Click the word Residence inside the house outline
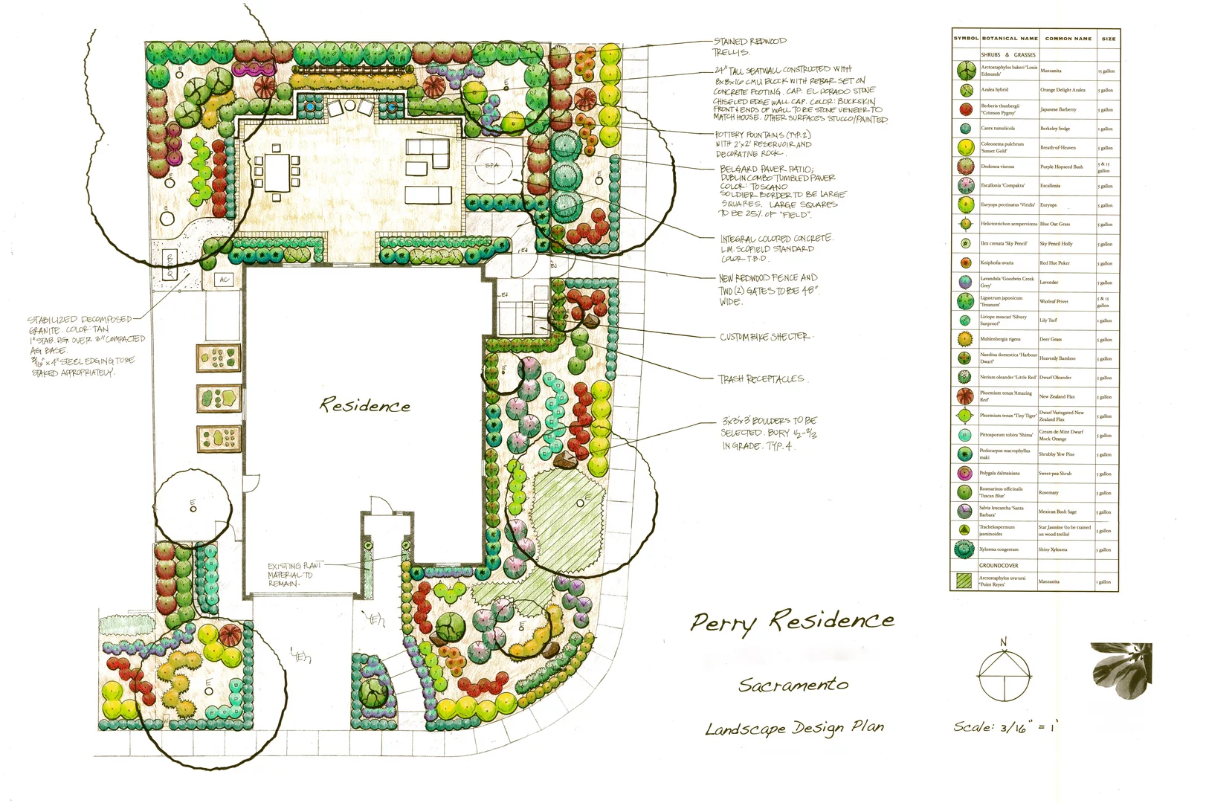(x=364, y=406)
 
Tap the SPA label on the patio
(x=492, y=165)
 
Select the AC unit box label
(x=225, y=280)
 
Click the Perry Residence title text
(x=791, y=621)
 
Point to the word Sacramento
(x=793, y=684)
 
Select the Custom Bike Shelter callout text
(x=764, y=337)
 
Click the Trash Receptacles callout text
(x=761, y=379)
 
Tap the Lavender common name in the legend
(x=1048, y=283)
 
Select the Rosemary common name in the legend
(x=1048, y=493)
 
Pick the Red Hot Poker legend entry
(x=1054, y=263)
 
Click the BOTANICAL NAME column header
(x=1009, y=39)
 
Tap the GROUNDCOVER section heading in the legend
(x=999, y=566)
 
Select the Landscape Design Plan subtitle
(x=794, y=728)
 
